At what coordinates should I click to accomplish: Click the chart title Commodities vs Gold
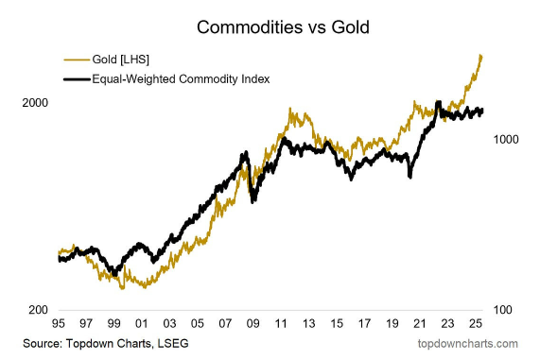[270, 27]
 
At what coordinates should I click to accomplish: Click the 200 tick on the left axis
[35, 310]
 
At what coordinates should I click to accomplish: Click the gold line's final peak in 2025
[481, 56]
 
